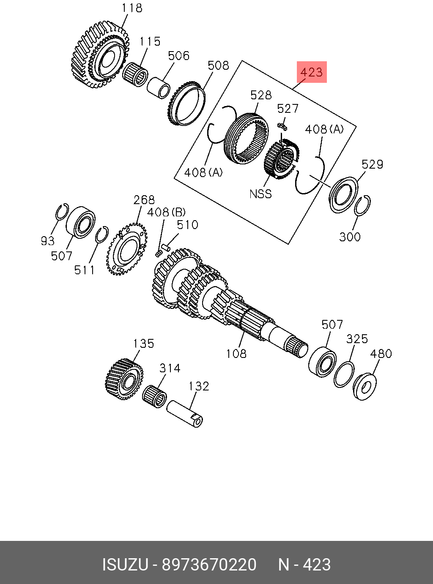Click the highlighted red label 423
coord(312,72)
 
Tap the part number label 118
coord(132,8)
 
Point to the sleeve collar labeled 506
coord(158,87)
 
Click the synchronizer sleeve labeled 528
coord(247,137)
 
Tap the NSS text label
coord(260,194)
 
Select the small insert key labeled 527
coord(282,125)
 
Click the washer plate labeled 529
coord(343,195)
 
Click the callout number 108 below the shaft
coord(236,353)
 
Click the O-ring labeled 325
coord(344,374)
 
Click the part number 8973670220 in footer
coord(209,565)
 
